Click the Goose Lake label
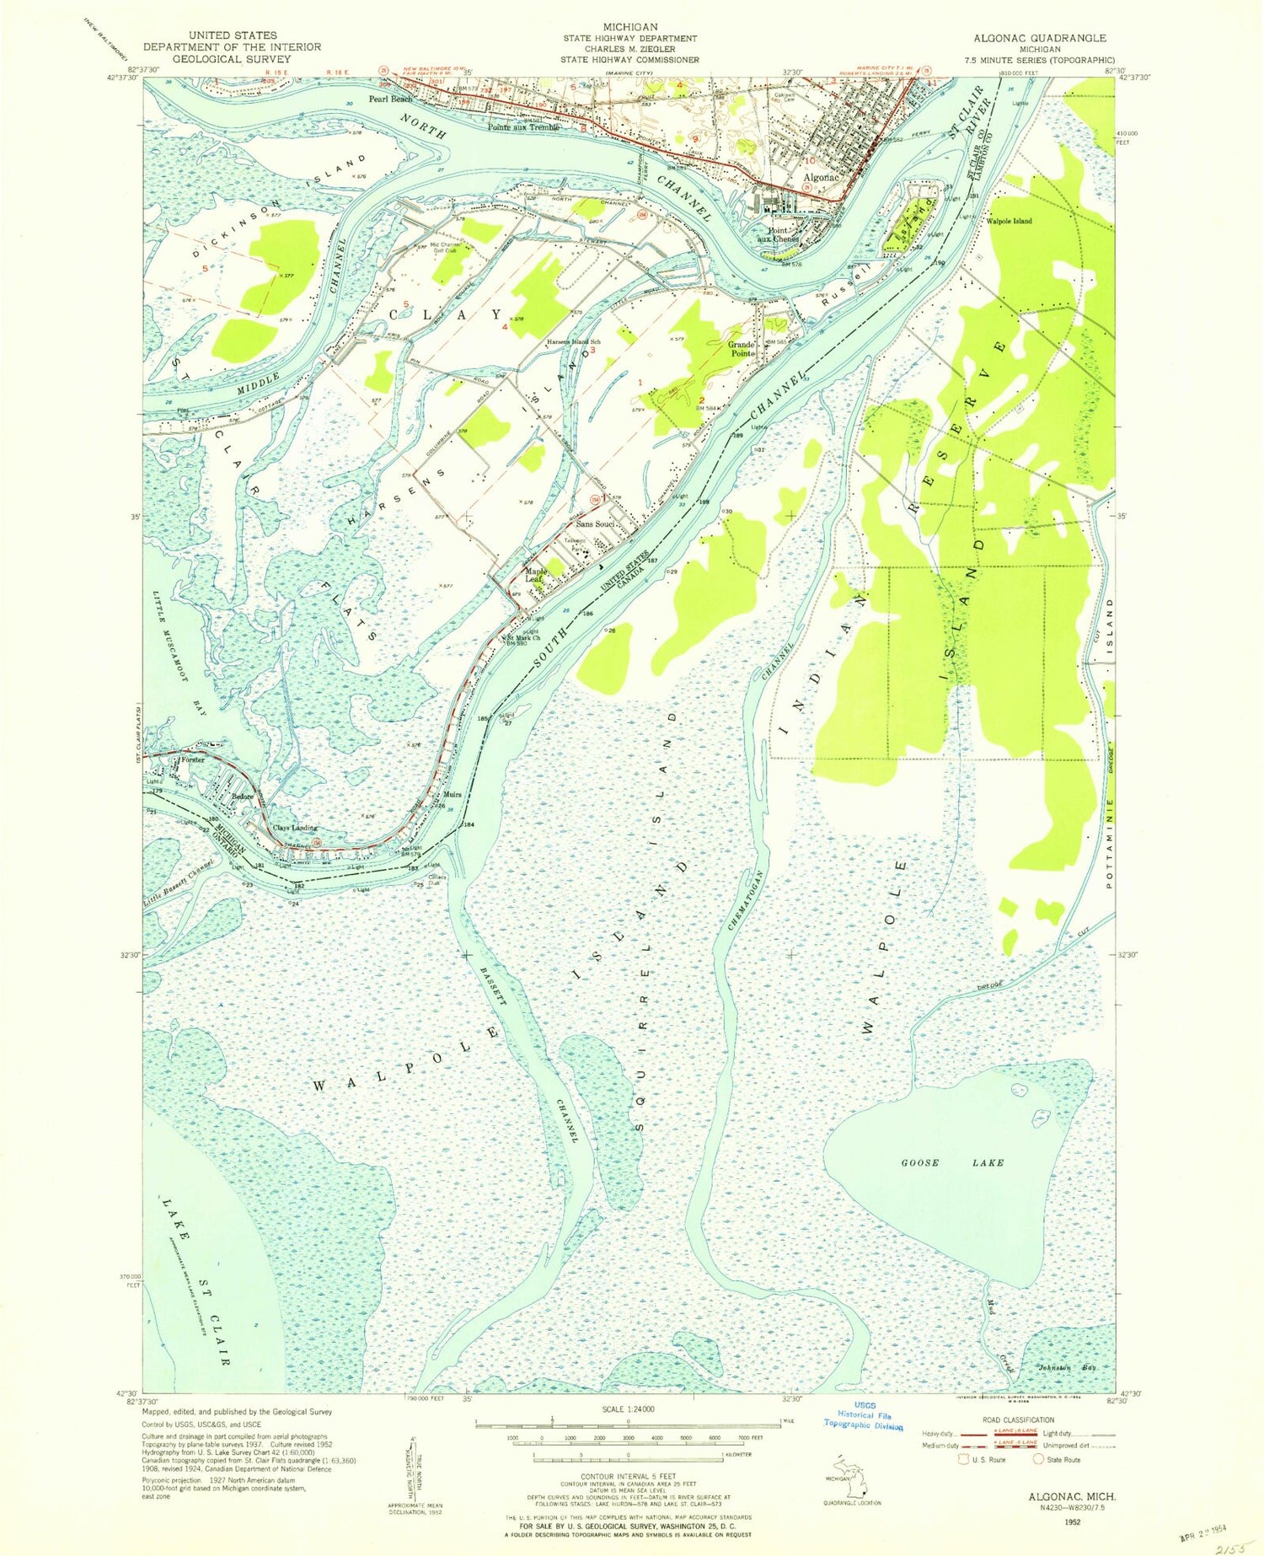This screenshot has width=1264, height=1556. click(x=952, y=1162)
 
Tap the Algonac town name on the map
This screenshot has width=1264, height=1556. click(x=820, y=178)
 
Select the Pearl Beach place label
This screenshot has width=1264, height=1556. click(x=390, y=99)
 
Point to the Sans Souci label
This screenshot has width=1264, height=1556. click(x=593, y=523)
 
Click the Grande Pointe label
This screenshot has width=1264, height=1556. click(x=742, y=349)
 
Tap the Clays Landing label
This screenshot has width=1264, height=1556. click(x=295, y=827)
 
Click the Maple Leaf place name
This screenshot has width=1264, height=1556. click(x=536, y=575)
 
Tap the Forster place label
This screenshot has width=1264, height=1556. click(x=192, y=760)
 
